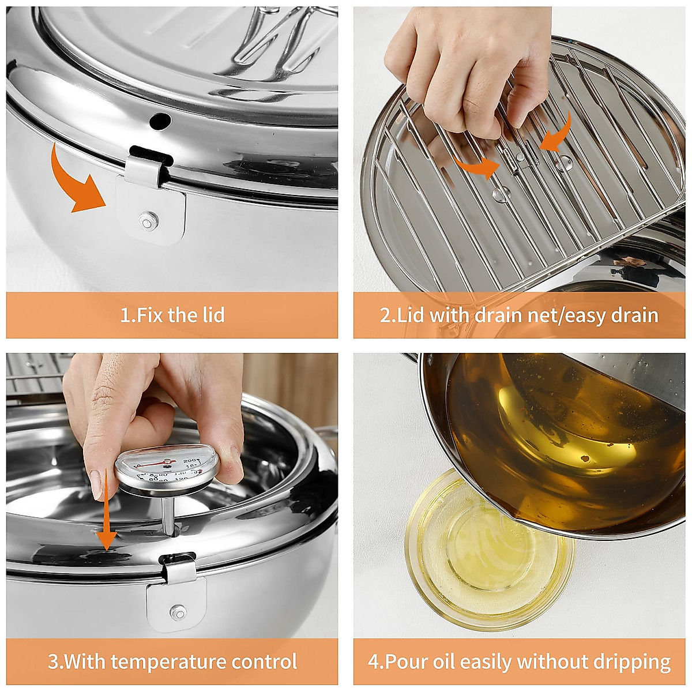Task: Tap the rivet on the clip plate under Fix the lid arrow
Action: click(x=148, y=219)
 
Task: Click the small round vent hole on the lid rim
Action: click(x=160, y=121)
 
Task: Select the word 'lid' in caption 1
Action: click(x=212, y=315)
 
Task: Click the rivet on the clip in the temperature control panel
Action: click(x=177, y=610)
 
